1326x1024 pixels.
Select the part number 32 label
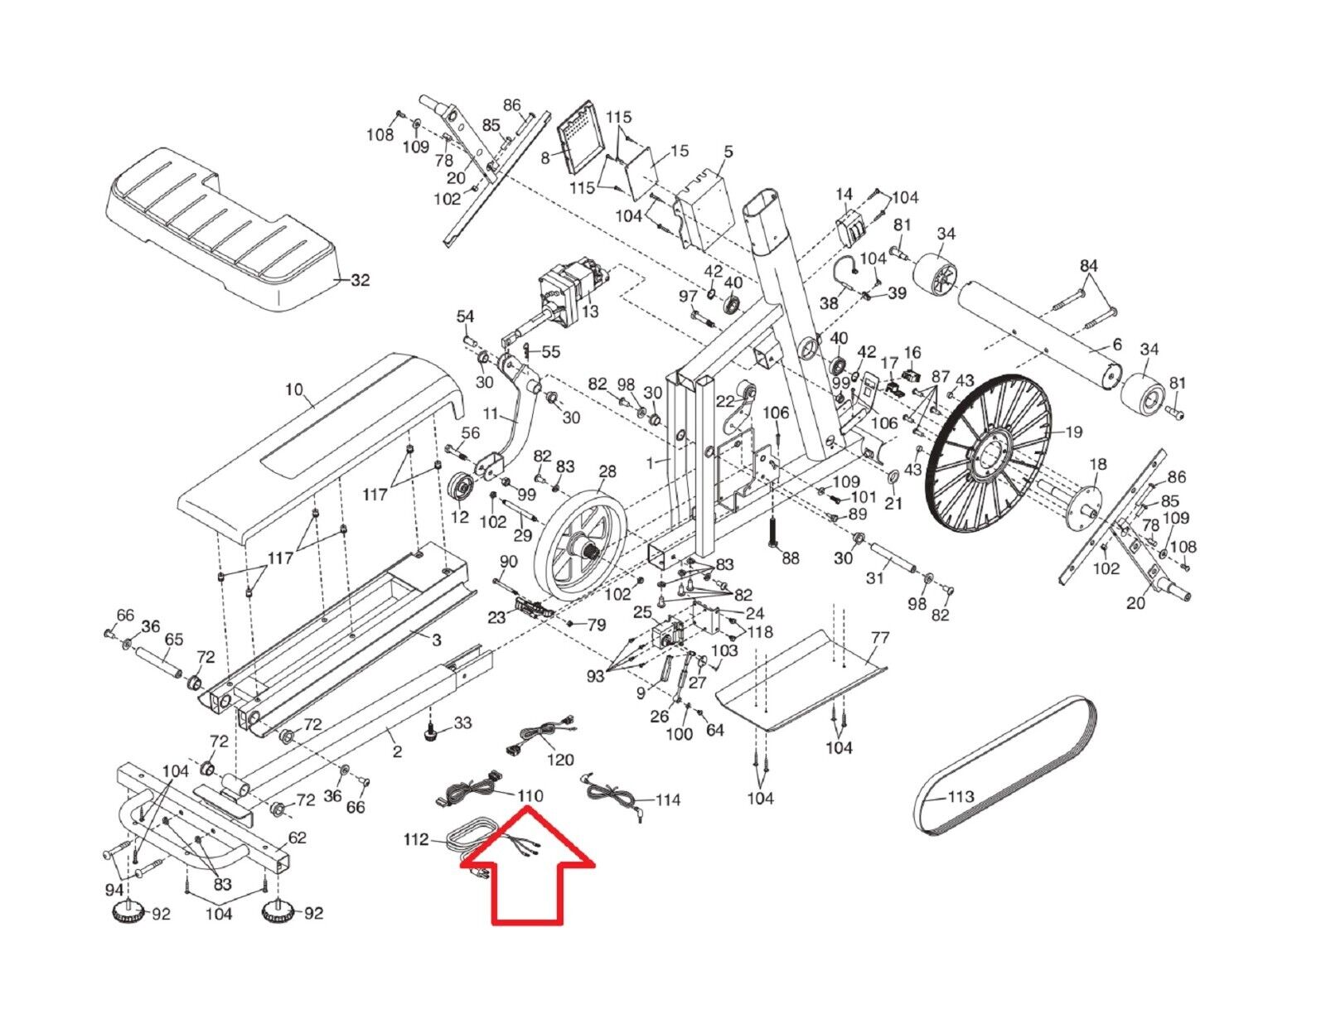[x=360, y=280]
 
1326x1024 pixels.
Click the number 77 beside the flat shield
[x=879, y=638]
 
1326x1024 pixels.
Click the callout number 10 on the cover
[x=294, y=389]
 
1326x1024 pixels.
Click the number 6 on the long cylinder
[x=1117, y=345]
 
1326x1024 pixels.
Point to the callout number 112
[x=416, y=840]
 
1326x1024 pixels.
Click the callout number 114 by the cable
[x=668, y=799]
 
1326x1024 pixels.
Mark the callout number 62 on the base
[x=297, y=838]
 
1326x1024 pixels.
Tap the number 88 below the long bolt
[x=790, y=558]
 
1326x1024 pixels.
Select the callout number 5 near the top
[x=728, y=152]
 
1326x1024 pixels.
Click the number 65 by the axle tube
[x=174, y=640]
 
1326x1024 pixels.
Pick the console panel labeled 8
[x=585, y=137]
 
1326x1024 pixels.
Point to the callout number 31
[x=875, y=578]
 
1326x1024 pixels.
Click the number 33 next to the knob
[x=462, y=722]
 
